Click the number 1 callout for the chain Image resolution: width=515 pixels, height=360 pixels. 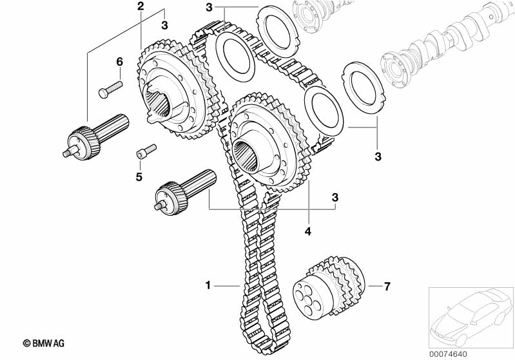coord(208,284)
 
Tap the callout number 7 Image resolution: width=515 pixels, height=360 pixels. coord(387,286)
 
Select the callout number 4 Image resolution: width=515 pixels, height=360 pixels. coord(308,231)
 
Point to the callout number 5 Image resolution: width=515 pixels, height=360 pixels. coord(139,176)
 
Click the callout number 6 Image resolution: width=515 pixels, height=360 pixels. coord(119,62)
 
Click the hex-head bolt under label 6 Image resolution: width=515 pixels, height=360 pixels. coord(110,88)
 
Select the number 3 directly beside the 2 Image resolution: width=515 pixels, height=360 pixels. coord(164,25)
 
